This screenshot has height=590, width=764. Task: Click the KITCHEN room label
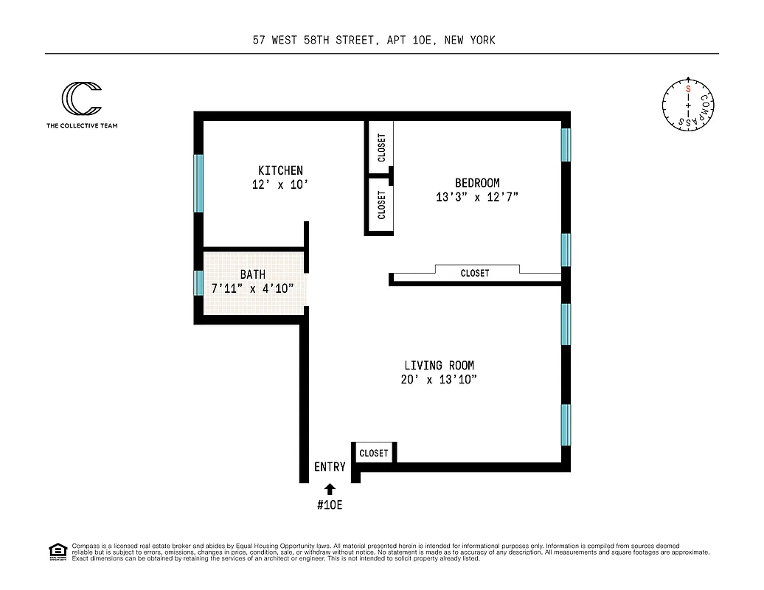(280, 170)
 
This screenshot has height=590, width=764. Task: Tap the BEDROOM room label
(476, 183)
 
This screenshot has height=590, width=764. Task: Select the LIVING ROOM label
(439, 365)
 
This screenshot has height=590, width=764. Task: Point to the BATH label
(252, 274)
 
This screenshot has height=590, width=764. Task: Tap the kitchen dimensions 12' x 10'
(279, 185)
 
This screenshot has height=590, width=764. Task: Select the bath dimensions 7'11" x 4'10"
(253, 288)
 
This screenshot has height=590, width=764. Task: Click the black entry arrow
(330, 487)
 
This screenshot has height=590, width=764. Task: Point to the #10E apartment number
(330, 505)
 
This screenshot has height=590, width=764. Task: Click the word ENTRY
(330, 467)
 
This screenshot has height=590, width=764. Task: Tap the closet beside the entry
(374, 453)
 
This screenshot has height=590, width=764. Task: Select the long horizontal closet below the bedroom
(475, 274)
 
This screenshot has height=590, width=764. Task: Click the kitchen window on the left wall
(198, 183)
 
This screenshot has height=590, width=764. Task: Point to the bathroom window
(198, 283)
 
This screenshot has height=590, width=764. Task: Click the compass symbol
(687, 106)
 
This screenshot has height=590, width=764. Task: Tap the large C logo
(80, 99)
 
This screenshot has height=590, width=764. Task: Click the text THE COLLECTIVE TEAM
(82, 125)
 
